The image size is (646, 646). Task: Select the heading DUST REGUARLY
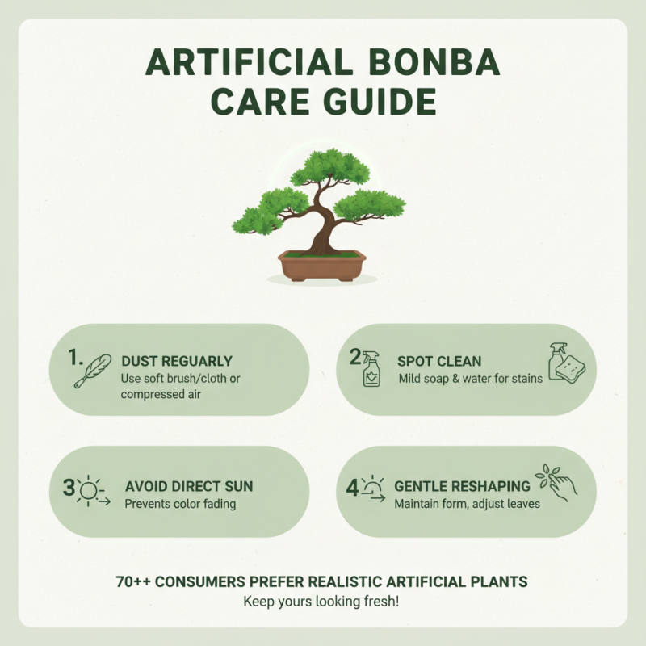click(177, 361)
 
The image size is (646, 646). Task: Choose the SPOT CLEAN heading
click(438, 361)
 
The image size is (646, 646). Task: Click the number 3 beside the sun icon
click(69, 487)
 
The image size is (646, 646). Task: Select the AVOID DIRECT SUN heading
click(189, 487)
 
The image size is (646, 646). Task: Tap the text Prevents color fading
click(179, 505)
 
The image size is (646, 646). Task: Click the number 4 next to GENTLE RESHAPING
click(352, 487)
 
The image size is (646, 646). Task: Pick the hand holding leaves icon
click(557, 482)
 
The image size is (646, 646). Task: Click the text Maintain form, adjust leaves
click(467, 505)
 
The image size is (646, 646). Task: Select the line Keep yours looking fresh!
click(321, 602)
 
